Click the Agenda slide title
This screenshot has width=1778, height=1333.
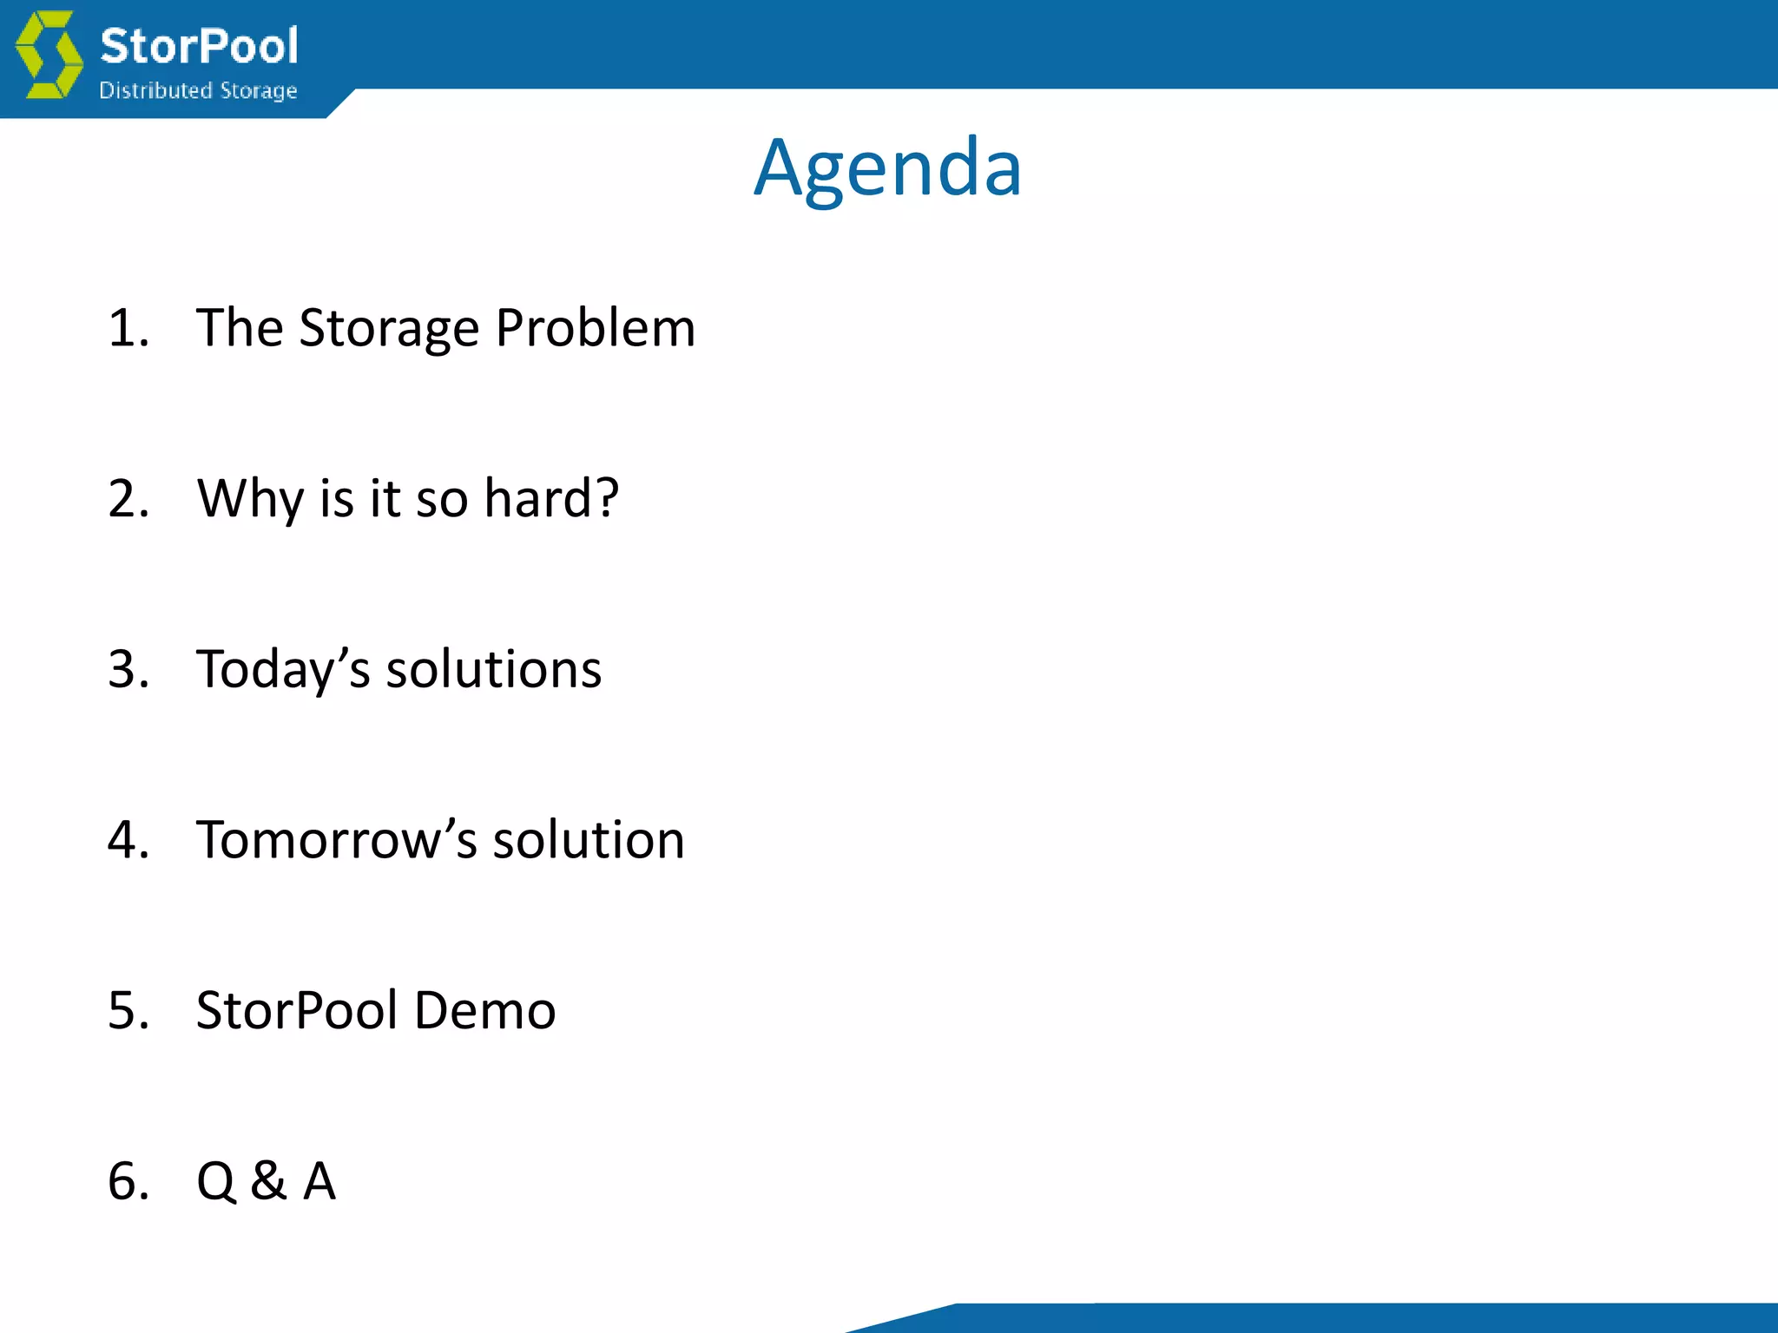pyautogui.click(x=887, y=168)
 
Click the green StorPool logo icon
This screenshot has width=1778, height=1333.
pyautogui.click(x=49, y=54)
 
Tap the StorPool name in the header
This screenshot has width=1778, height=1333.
pyautogui.click(x=199, y=45)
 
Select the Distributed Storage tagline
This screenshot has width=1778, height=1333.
pyautogui.click(x=198, y=90)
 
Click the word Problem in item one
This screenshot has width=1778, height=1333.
pyautogui.click(x=595, y=328)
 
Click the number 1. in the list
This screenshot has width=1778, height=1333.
pyautogui.click(x=128, y=328)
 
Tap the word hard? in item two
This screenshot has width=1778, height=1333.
pyautogui.click(x=551, y=498)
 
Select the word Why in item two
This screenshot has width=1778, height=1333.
pyautogui.click(x=250, y=500)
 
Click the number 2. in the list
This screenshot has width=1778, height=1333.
pyautogui.click(x=128, y=498)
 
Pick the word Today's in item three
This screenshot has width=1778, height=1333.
pyautogui.click(x=284, y=670)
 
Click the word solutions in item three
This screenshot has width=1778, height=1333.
pyautogui.click(x=493, y=669)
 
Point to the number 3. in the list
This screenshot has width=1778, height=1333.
pyautogui.click(x=128, y=669)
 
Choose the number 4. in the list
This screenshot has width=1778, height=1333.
pyautogui.click(x=128, y=839)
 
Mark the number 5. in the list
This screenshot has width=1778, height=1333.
pyautogui.click(x=128, y=1010)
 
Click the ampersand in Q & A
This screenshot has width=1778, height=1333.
pyautogui.click(x=268, y=1180)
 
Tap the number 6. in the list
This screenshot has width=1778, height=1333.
pyautogui.click(x=128, y=1180)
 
